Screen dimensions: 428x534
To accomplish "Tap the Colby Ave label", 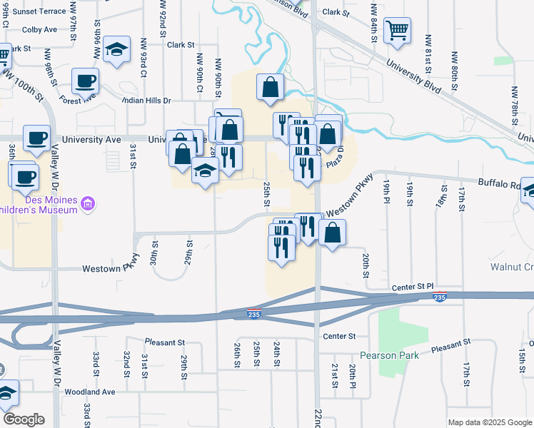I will click(40, 30).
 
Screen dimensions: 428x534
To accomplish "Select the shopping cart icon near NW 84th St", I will click(397, 31).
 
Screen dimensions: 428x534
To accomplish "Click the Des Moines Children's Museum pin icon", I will click(89, 205).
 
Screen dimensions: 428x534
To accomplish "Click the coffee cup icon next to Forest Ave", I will click(85, 81).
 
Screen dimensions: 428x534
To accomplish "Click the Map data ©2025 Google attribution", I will click(489, 422).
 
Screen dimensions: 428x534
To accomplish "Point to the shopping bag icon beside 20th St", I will click(332, 232).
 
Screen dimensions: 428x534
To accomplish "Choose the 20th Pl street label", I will click(353, 376).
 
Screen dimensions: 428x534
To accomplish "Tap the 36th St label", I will click(12, 151).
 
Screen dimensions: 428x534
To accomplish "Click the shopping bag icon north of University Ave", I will click(271, 87).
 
